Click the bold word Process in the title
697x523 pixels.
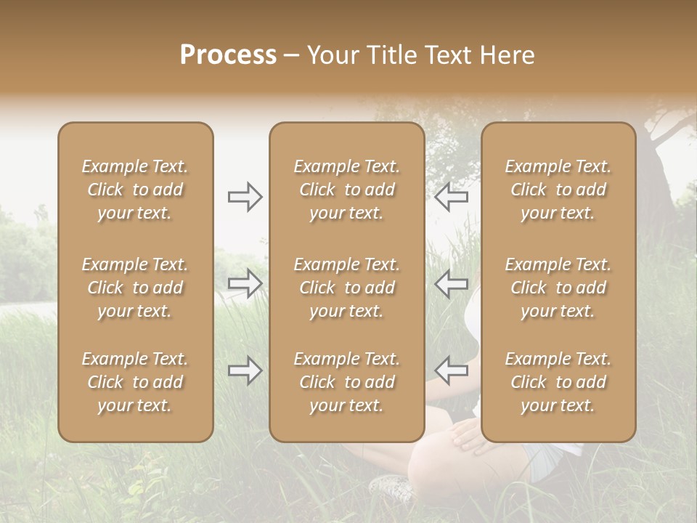tap(228, 55)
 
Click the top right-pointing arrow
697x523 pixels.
tap(245, 197)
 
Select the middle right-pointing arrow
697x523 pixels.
tap(245, 283)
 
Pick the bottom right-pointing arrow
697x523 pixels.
tap(245, 370)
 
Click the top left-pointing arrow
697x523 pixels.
tap(452, 197)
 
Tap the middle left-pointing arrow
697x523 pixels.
tap(452, 283)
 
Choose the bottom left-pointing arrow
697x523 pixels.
tap(452, 370)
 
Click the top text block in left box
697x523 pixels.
tap(135, 190)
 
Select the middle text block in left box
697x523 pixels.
tap(135, 288)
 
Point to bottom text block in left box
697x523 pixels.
tap(135, 382)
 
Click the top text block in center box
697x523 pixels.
tap(346, 190)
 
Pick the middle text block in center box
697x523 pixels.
tap(346, 288)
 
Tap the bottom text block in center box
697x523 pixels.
tap(346, 382)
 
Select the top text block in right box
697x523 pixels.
tap(558, 190)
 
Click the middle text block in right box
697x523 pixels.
tap(558, 288)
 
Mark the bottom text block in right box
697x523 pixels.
tap(558, 382)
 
